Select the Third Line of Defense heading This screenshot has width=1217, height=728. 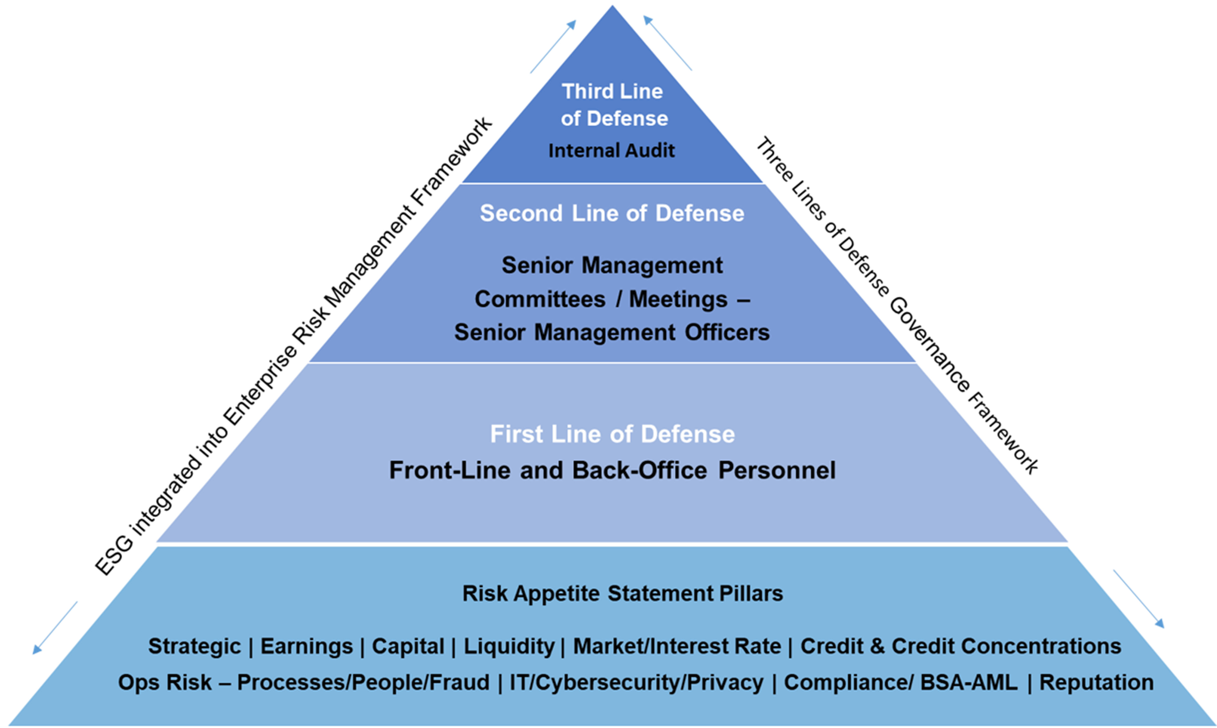(613, 104)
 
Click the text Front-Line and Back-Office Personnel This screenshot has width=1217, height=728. (612, 470)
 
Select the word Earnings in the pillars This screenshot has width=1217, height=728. (306, 646)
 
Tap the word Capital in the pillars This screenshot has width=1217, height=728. (408, 646)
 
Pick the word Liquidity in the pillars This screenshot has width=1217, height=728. (509, 646)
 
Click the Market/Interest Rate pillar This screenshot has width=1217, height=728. (677, 646)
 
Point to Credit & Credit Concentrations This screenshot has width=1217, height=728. (960, 646)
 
